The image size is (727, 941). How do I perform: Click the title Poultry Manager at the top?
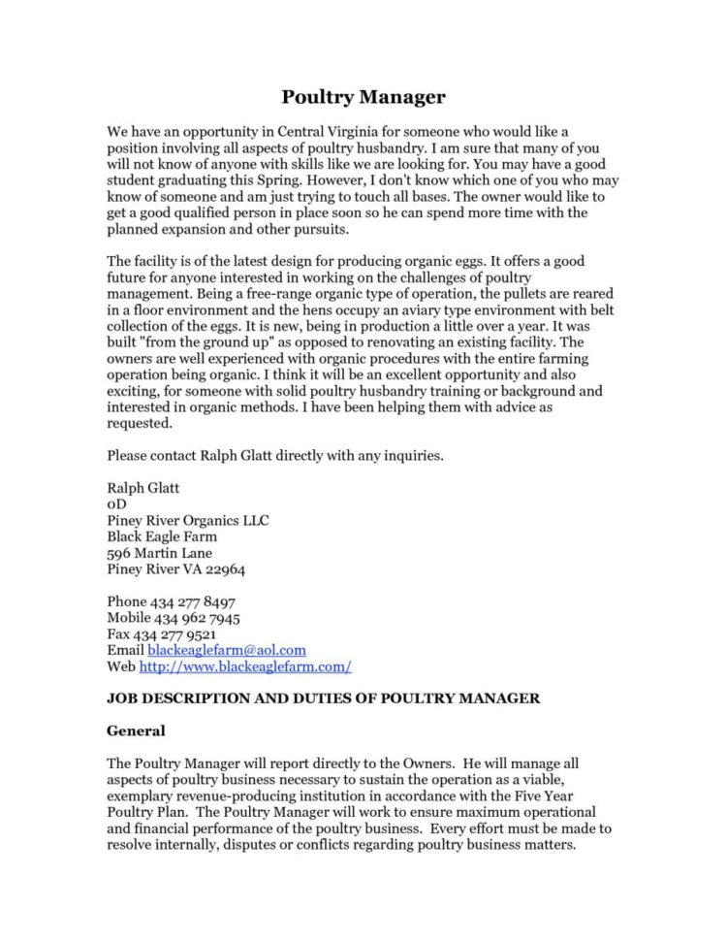pos(363,97)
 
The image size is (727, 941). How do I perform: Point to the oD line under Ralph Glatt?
pos(115,503)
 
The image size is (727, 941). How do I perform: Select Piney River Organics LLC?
pos(188,520)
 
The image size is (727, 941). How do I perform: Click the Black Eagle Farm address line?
pos(162,536)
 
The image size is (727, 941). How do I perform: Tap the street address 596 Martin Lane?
pos(159,553)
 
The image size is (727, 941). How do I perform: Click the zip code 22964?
pos(223,569)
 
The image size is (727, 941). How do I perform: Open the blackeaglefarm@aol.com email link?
pos(226,650)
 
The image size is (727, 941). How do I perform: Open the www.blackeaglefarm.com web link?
pos(245,666)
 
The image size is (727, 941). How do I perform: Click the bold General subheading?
pos(136,730)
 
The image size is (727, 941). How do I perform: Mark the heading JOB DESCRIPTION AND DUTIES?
pos(323,698)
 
